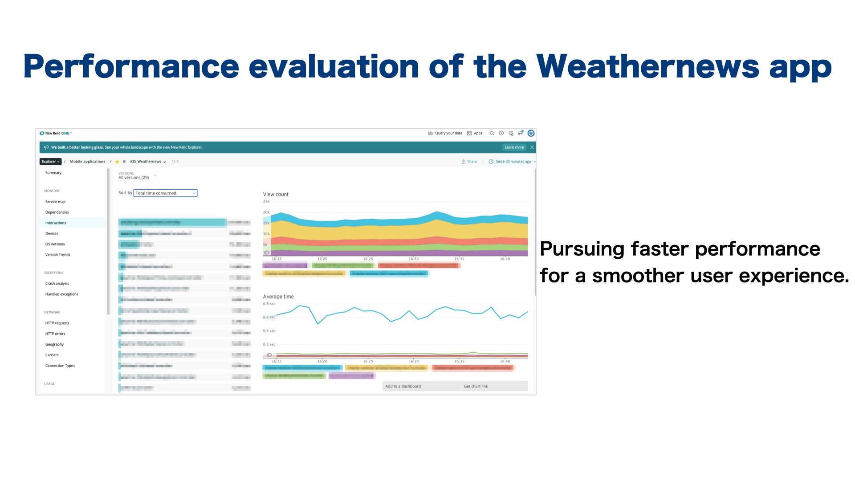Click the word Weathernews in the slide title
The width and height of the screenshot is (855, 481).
pos(647,67)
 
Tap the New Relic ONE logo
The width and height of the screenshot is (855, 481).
pos(56,133)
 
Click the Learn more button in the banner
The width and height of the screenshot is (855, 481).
pos(514,147)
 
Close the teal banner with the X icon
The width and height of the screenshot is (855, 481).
pos(532,147)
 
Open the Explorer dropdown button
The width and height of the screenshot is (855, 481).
pos(50,162)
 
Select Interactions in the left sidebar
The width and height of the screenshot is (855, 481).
pos(56,223)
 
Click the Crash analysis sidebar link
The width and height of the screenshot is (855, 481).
pos(57,284)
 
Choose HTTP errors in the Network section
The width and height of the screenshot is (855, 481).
pos(55,334)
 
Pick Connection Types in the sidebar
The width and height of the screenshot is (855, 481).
pos(60,366)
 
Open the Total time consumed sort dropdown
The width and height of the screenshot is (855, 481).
pos(165,193)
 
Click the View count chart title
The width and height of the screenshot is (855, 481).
pos(276,195)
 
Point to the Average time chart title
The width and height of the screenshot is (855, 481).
pos(278,297)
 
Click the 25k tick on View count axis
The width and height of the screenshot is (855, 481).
pos(266,202)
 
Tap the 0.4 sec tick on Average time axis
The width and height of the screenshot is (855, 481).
pos(269,331)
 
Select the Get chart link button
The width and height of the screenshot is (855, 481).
pos(476,387)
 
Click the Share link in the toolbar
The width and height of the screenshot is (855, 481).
pos(469,162)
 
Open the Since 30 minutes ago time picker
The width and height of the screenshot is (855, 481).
pos(512,162)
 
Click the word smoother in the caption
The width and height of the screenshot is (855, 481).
pos(638,276)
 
